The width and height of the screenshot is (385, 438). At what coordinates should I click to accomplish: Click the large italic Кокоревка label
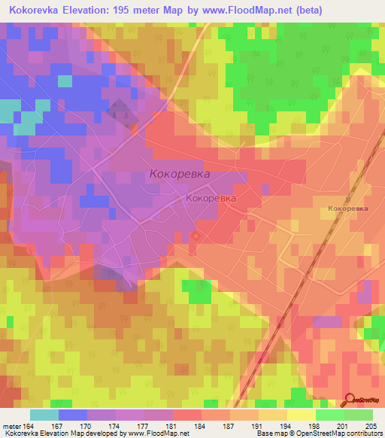(180, 174)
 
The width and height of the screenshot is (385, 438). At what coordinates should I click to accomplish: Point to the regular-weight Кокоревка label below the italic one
(210, 199)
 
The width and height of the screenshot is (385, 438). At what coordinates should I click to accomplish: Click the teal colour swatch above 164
(44, 415)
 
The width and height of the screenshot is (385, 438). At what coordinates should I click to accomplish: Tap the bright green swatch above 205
(359, 415)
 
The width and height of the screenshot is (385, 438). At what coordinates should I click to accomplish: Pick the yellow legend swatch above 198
(301, 415)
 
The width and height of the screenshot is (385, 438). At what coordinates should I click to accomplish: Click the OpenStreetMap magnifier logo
(350, 399)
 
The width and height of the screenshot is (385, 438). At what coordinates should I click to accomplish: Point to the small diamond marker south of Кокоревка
(196, 236)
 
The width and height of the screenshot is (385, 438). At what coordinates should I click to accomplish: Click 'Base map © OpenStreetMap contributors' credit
(318, 434)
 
